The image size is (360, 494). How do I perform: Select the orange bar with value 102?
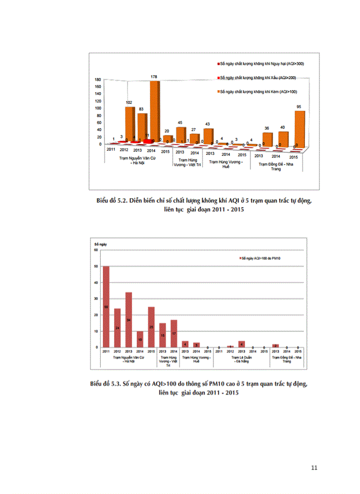point(130,123)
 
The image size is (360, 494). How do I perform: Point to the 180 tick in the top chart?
point(97,80)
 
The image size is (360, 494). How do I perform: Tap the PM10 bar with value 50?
point(106,307)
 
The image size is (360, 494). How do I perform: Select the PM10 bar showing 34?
point(129,320)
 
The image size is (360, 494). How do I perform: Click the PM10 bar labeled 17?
point(174,333)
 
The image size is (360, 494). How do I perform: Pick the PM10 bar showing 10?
point(140,339)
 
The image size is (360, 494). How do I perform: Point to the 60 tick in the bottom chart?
point(96,250)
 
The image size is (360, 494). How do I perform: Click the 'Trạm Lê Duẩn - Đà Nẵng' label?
point(241,359)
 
